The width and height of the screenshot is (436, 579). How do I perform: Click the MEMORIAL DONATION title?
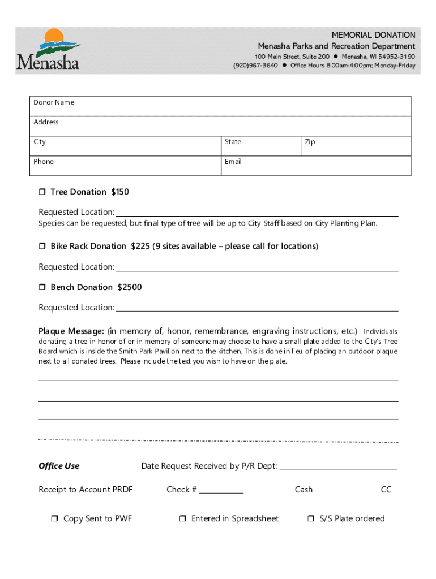pos(373,35)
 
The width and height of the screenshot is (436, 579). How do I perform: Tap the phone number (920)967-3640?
pos(255,66)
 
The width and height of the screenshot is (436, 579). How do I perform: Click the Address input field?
pos(221,126)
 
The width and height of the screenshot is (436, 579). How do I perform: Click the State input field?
pos(260,146)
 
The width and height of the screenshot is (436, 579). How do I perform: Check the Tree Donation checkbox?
pos(42,192)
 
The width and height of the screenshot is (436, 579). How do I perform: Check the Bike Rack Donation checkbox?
pos(42,247)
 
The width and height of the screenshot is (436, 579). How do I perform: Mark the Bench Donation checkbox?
pos(42,288)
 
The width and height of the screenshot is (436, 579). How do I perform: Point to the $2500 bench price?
pos(130,287)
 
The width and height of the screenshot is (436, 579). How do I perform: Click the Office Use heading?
pos(59,466)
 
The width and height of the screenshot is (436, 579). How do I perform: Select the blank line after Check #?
pos(221,490)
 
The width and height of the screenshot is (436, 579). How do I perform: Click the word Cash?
pos(304,490)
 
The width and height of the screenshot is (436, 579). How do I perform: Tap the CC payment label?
pos(386,490)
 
